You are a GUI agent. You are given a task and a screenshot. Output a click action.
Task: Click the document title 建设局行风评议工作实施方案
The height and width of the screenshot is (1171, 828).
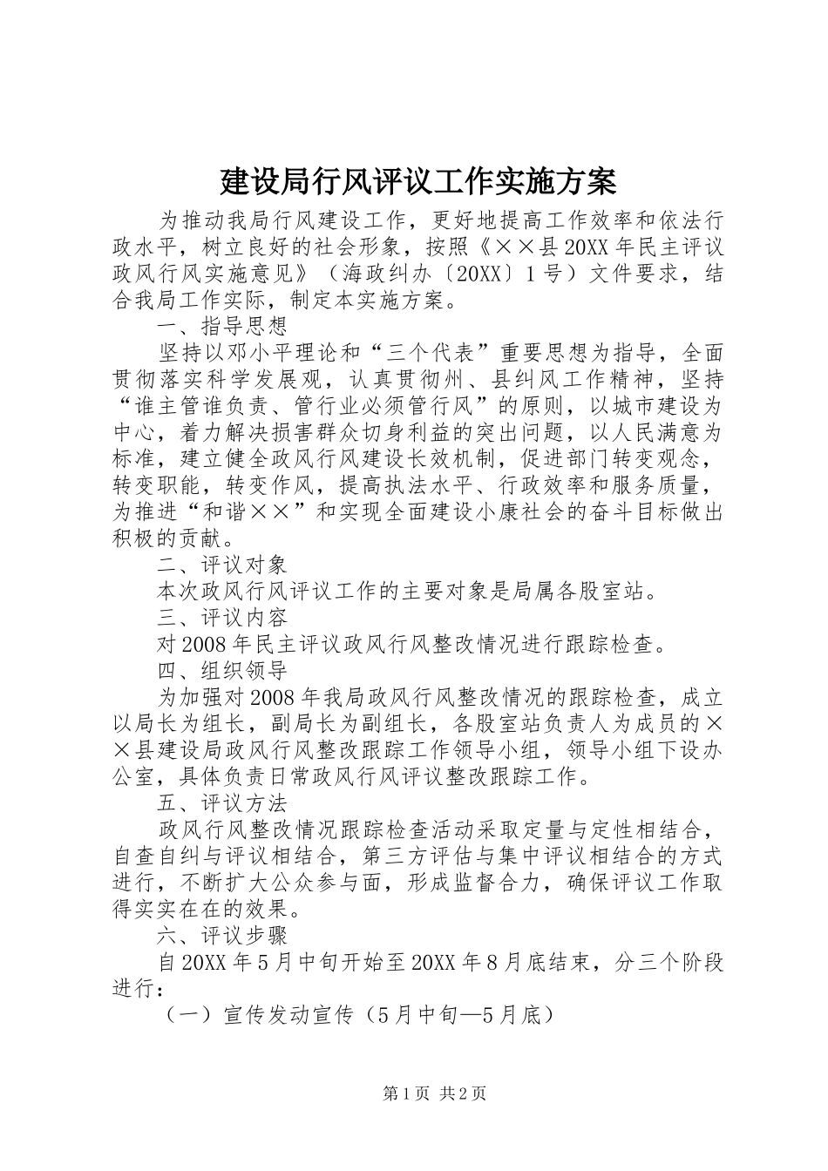(417, 181)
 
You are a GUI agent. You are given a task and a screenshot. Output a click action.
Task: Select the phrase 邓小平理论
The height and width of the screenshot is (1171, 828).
(302, 354)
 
